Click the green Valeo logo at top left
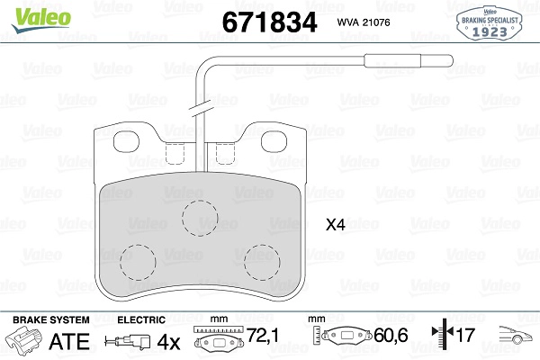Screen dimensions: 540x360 point(41,20)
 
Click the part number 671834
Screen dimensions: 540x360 point(269,22)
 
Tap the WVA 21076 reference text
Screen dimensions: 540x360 point(364,22)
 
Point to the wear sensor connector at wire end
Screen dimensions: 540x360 point(409,61)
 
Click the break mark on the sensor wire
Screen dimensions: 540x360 point(199,106)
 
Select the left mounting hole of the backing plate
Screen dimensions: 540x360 point(126,141)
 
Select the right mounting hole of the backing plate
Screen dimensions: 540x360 point(274,141)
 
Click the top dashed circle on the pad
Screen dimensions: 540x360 point(200,218)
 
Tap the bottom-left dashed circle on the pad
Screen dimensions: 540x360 point(138,263)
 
